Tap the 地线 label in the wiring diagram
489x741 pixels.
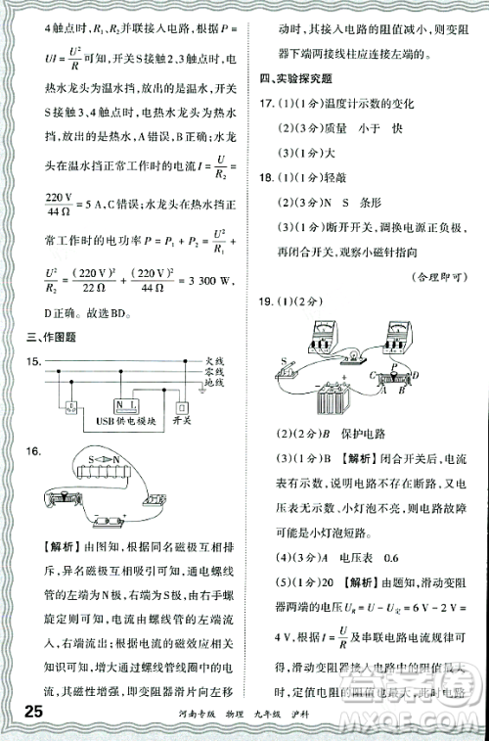point(213,382)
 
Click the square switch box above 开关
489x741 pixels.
point(180,406)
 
